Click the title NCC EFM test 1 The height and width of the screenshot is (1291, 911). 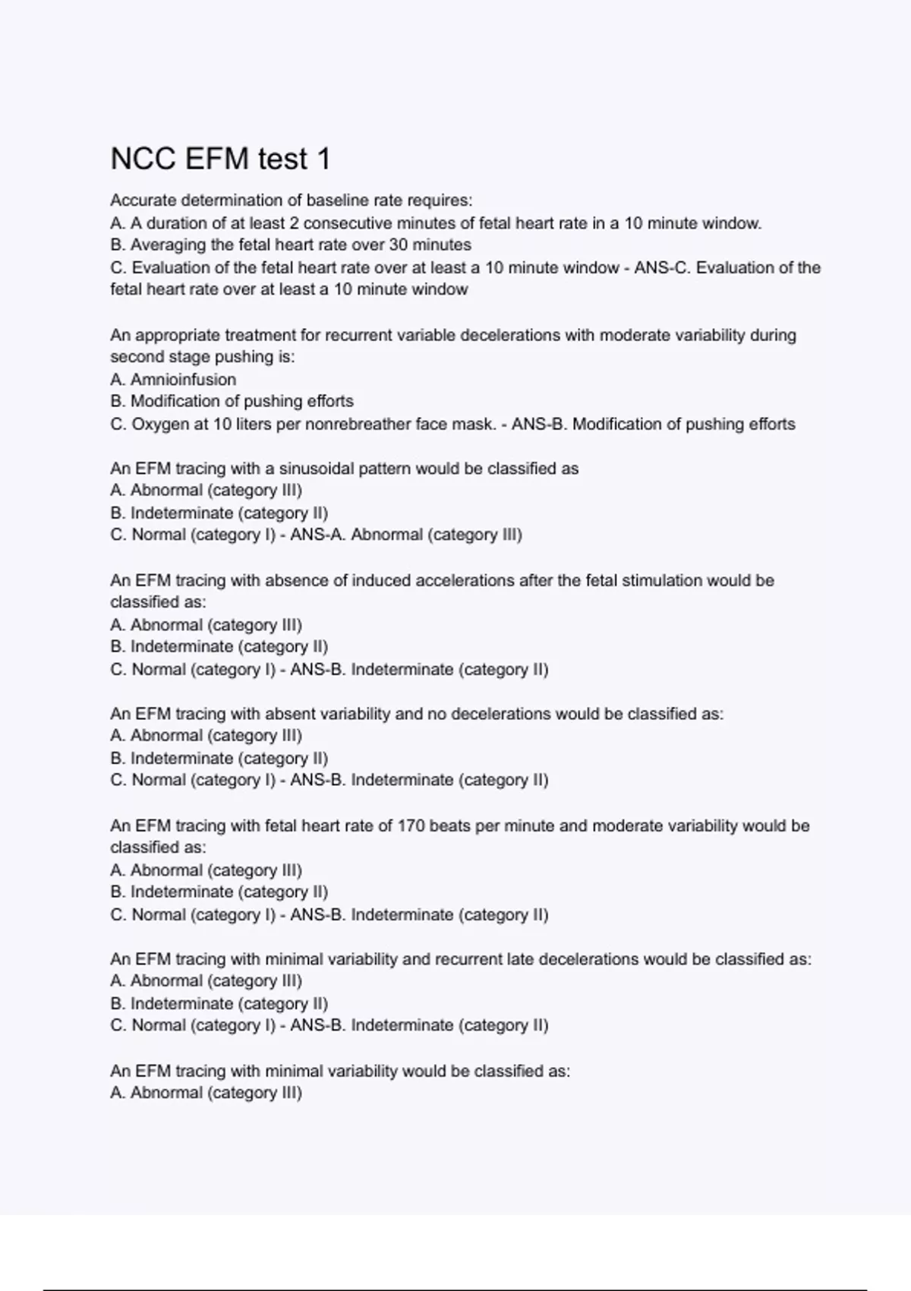click(x=220, y=159)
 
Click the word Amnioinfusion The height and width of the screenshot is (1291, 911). click(x=183, y=379)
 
